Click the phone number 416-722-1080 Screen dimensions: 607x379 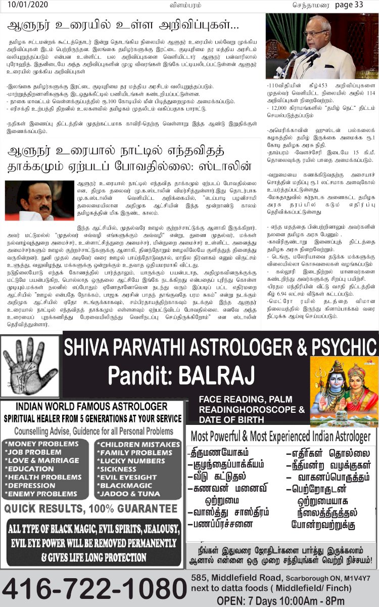pos(93,588)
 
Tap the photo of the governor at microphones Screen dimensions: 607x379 pos(321,46)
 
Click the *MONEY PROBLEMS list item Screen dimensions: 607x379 pos(42,444)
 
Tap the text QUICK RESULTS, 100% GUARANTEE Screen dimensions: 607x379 pos(91,508)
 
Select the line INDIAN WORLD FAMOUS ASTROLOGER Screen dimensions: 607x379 pos(91,407)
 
